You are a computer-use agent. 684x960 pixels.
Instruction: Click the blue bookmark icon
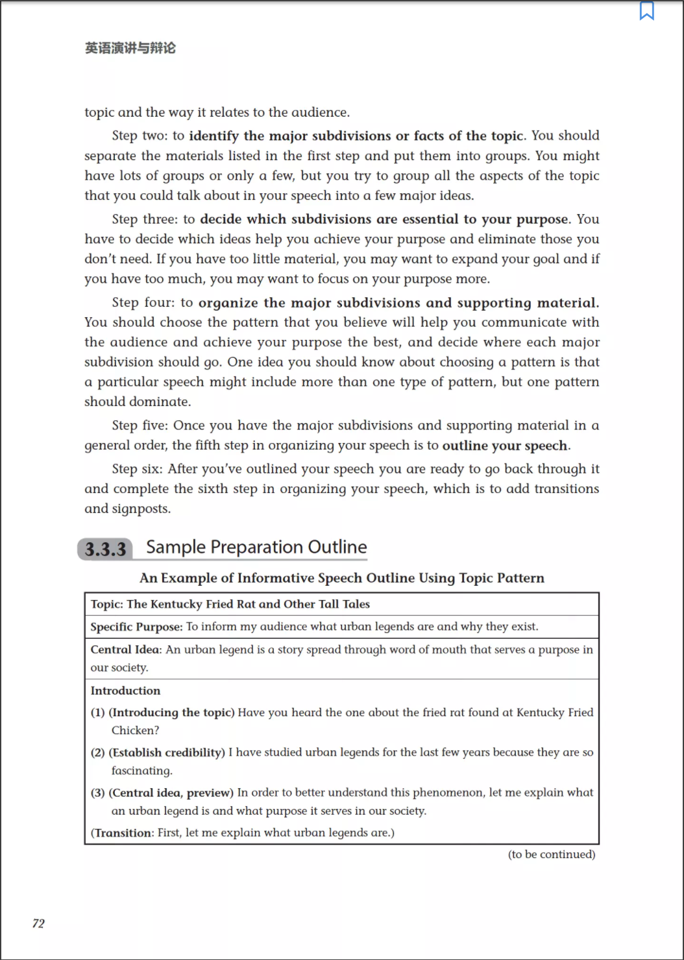coord(646,11)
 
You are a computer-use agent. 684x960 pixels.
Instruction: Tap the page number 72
coord(38,923)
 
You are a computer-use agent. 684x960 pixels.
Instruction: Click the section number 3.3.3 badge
coord(105,549)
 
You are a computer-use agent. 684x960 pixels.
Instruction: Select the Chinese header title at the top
coord(130,48)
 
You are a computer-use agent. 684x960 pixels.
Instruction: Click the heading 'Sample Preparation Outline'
coord(256,547)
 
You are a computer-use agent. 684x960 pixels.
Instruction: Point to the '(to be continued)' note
coord(551,854)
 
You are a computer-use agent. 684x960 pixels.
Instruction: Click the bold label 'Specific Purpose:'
coord(136,627)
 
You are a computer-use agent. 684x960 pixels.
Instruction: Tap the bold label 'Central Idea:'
coord(126,649)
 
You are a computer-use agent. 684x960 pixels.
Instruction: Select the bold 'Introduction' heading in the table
coord(125,691)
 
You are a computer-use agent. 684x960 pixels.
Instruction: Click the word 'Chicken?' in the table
coord(135,730)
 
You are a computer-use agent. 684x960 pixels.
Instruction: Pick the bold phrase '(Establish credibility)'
coord(167,752)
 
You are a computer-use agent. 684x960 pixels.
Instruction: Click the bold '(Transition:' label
coord(123,833)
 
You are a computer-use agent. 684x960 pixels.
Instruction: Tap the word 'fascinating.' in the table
coord(141,771)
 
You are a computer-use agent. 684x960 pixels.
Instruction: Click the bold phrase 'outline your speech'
coord(505,446)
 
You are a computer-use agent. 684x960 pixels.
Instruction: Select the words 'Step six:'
coord(137,469)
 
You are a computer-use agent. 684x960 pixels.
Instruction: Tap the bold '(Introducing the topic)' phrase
coord(171,712)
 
